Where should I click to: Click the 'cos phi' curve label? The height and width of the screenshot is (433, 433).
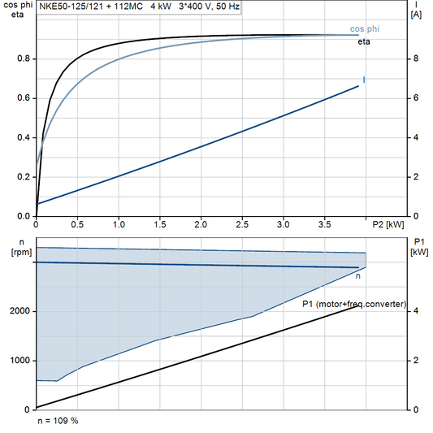pos(364,29)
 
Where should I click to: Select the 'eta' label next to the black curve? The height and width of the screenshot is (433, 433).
pos(364,41)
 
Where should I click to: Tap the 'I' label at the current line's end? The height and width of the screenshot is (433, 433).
pos(363,80)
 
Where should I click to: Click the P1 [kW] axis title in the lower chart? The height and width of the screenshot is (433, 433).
pos(419,247)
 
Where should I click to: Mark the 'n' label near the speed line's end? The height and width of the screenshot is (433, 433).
pos(358,277)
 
